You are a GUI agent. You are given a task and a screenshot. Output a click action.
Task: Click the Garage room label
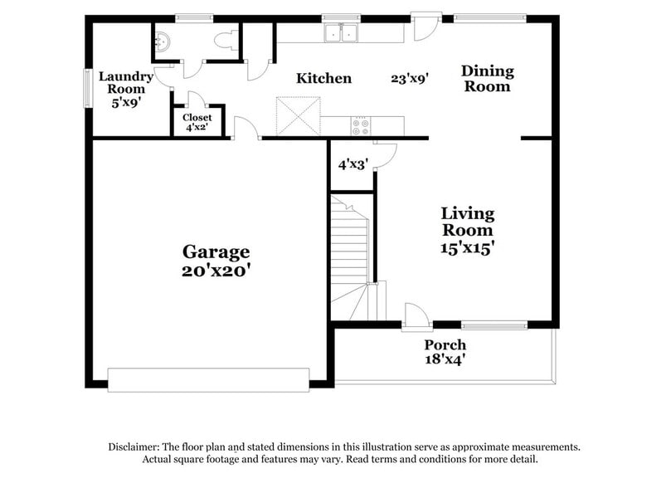(216, 251)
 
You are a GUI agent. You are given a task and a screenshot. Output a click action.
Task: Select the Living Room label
(467, 222)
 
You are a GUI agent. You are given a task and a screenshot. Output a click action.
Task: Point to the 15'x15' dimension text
(467, 247)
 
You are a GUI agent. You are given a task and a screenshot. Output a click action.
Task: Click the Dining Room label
(487, 78)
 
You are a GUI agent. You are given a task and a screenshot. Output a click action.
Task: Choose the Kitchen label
(324, 78)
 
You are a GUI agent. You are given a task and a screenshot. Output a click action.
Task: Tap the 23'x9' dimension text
(410, 79)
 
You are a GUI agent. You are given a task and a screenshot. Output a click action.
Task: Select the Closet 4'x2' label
(197, 123)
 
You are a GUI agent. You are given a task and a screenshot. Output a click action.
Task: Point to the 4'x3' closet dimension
(353, 164)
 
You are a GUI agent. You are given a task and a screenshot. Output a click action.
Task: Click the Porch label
(445, 344)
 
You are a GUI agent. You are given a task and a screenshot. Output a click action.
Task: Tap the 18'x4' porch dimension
(445, 359)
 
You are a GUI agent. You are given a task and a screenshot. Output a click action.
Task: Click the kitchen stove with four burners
(362, 126)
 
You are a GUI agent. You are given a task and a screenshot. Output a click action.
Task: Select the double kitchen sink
(340, 34)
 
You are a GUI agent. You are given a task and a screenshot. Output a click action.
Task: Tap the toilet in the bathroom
(224, 38)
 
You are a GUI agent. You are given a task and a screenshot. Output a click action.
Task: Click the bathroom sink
(163, 39)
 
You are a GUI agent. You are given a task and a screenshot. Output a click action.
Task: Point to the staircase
(348, 257)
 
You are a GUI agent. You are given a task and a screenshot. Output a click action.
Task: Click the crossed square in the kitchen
(298, 115)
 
